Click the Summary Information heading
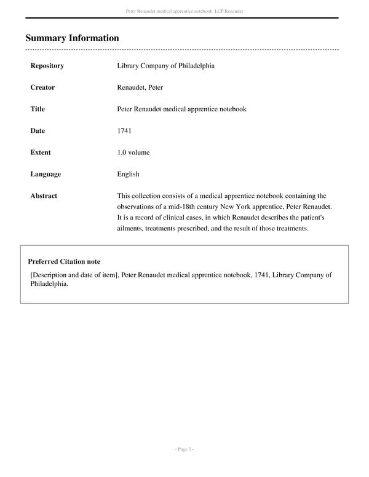point(72,38)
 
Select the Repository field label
point(47,66)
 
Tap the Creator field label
point(42,87)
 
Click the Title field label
point(38,109)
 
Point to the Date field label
point(38,131)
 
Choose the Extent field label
point(41,152)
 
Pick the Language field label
point(46,174)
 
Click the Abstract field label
point(44,196)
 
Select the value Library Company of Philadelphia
point(165,66)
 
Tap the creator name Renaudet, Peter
point(140,87)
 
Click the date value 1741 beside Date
point(124,131)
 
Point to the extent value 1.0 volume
point(133,152)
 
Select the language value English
point(128,174)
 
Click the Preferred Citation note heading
point(64,262)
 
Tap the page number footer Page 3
point(184,450)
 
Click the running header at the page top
point(184,12)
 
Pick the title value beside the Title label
point(181,109)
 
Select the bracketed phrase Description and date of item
point(74,275)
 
